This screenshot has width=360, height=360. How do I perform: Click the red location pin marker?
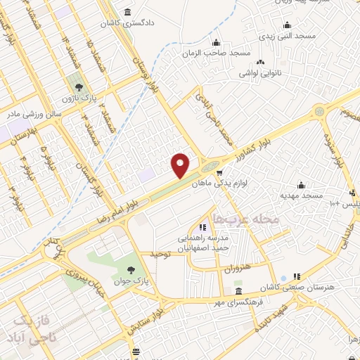pyautogui.click(x=181, y=165)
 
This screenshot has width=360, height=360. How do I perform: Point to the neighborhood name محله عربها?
pyautogui.click(x=246, y=219)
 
